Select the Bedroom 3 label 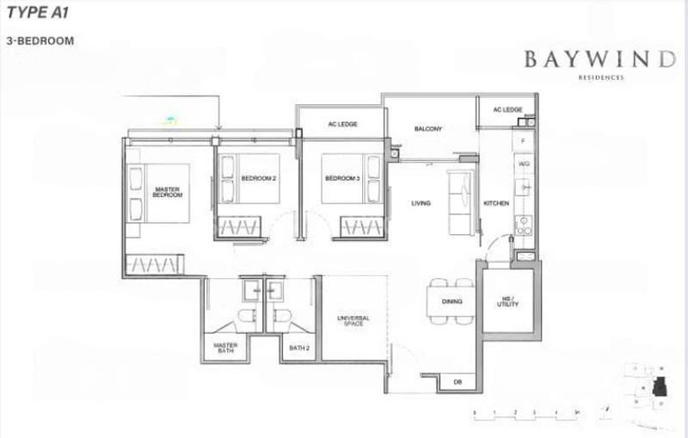tap(341, 178)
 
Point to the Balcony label tap(427, 129)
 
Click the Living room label tap(421, 203)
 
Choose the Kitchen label tap(496, 203)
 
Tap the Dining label tap(452, 302)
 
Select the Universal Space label tap(353, 321)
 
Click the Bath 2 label tap(298, 348)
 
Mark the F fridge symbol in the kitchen tap(523, 139)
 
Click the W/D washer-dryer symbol tap(523, 163)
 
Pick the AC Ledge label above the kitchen tap(508, 110)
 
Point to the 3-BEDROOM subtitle tap(39, 40)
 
